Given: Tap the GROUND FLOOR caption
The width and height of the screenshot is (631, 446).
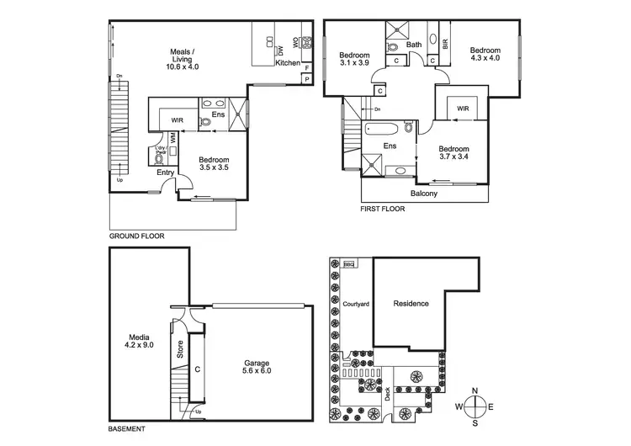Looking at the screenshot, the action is pos(137,236).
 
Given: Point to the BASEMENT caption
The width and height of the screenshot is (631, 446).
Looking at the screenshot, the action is pos(129,429).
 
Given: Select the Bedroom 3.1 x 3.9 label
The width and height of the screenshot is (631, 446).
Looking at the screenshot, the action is pos(355,59).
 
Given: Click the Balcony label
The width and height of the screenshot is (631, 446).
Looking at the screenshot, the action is pos(424,194).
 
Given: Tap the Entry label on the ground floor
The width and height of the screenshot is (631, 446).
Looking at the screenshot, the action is pos(166,173).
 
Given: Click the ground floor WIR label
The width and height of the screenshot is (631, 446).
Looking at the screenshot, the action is pos(177,120).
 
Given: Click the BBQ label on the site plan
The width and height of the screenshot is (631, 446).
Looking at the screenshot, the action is pos(350,264).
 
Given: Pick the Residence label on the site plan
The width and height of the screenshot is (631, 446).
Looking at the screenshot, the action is pos(411,304).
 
